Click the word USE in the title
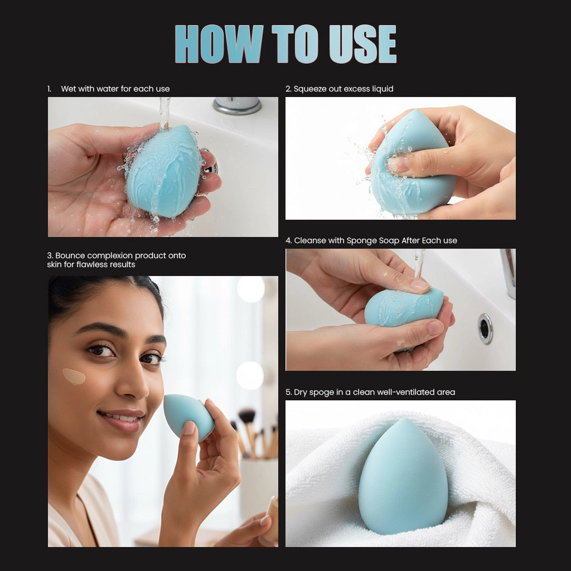click(x=362, y=44)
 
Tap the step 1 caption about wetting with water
click(x=115, y=89)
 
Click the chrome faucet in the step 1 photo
click(x=237, y=105)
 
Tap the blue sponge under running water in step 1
click(x=163, y=171)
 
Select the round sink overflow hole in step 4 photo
click(x=485, y=328)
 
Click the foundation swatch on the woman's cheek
click(x=74, y=376)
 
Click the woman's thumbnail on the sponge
click(x=189, y=428)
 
